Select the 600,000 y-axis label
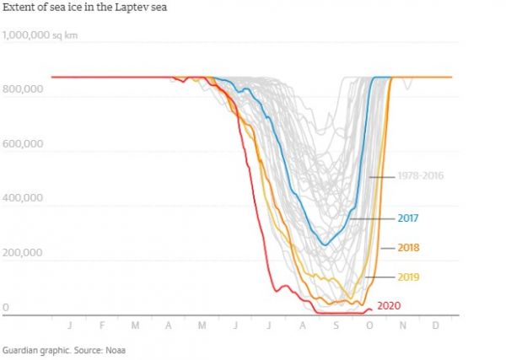(x=24, y=144)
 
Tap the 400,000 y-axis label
(x=24, y=199)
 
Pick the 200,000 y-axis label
(x=24, y=253)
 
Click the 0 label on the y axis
(x=6, y=308)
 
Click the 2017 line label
(x=407, y=218)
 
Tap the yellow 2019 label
(x=407, y=277)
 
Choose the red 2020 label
(x=389, y=305)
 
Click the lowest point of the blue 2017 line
(x=325, y=244)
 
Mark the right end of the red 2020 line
(x=371, y=309)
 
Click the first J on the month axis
(x=70, y=324)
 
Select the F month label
(x=102, y=324)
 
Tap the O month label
(x=369, y=324)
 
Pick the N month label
(x=402, y=324)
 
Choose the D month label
(x=435, y=324)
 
